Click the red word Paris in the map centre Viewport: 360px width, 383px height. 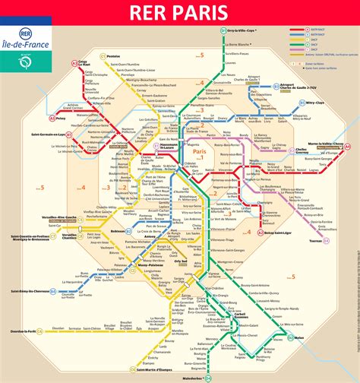(201, 153)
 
